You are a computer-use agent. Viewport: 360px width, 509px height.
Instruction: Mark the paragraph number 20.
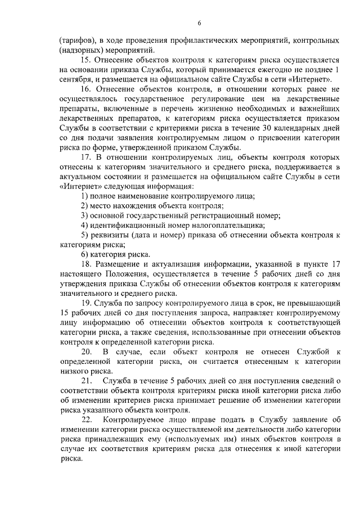(87, 352)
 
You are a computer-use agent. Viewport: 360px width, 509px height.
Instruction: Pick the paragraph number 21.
(87, 381)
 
